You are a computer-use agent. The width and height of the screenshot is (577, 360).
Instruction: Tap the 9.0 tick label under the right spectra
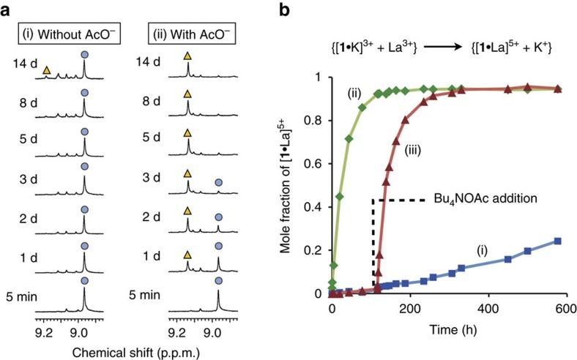coord(212,331)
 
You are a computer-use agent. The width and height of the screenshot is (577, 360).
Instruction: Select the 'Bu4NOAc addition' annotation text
coord(477,198)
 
